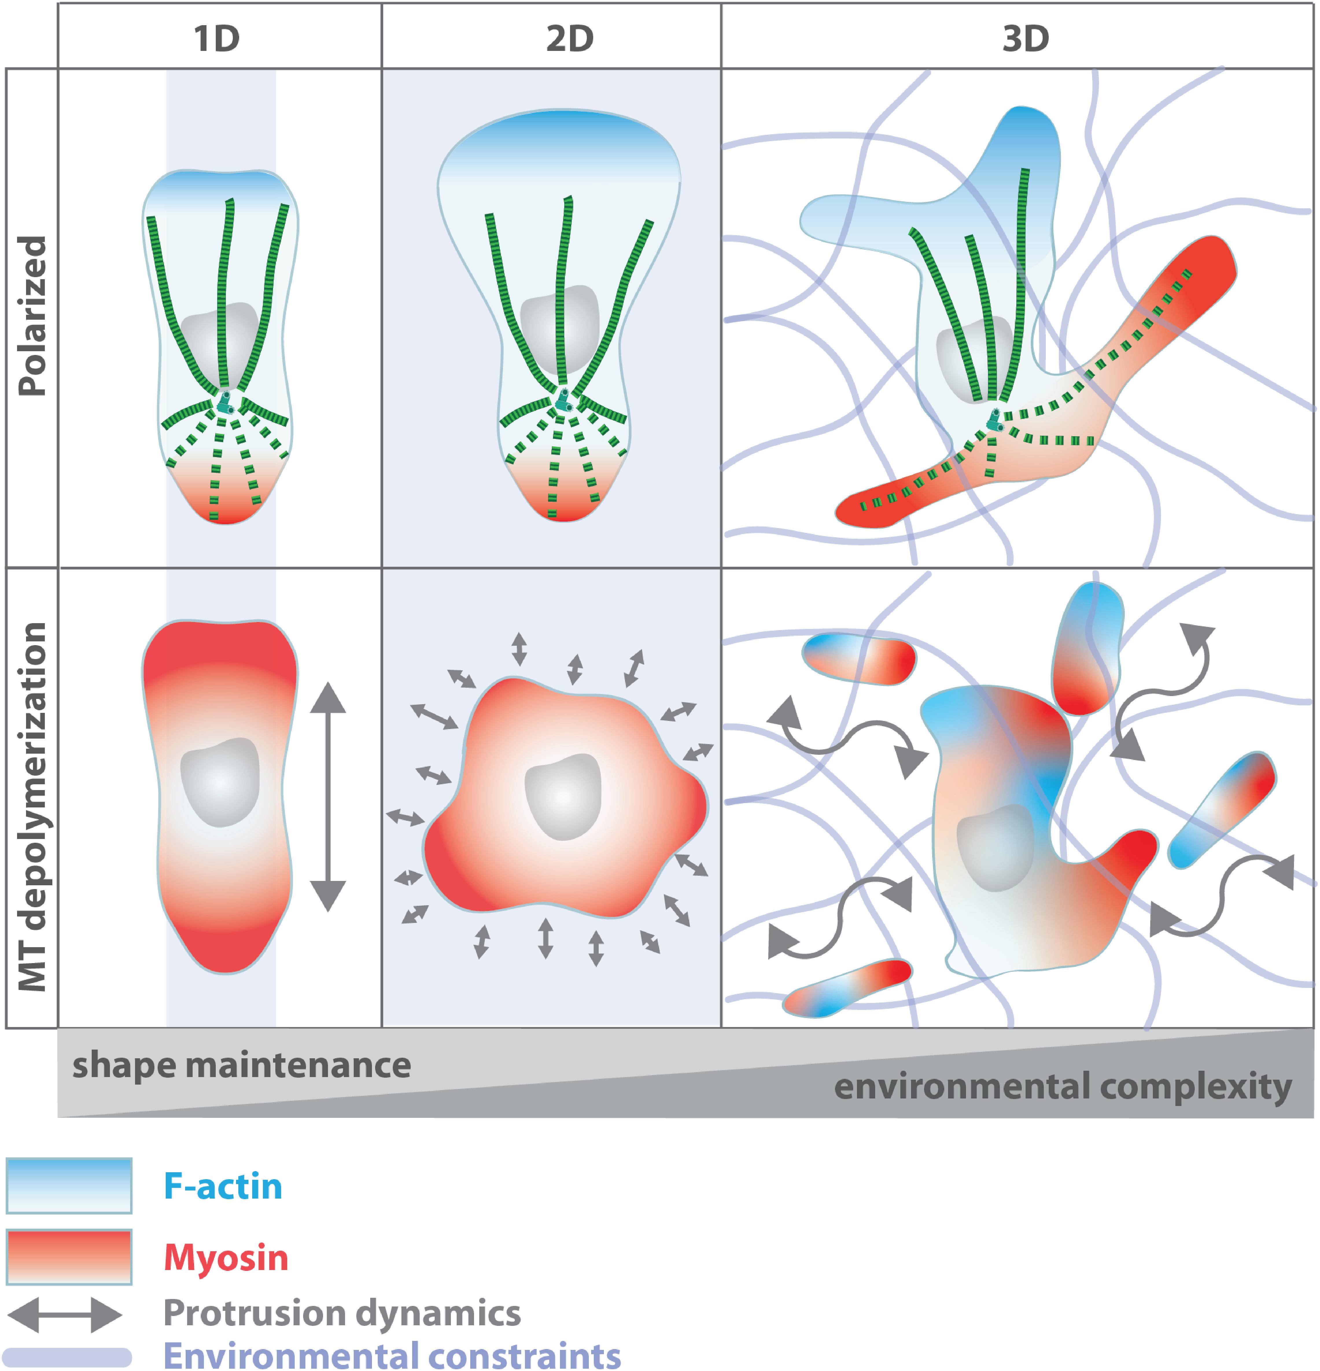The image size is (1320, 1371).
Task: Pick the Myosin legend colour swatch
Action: point(69,1257)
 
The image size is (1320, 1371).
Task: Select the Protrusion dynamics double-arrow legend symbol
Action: point(64,1315)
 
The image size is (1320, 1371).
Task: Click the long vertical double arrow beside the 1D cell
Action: point(328,797)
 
